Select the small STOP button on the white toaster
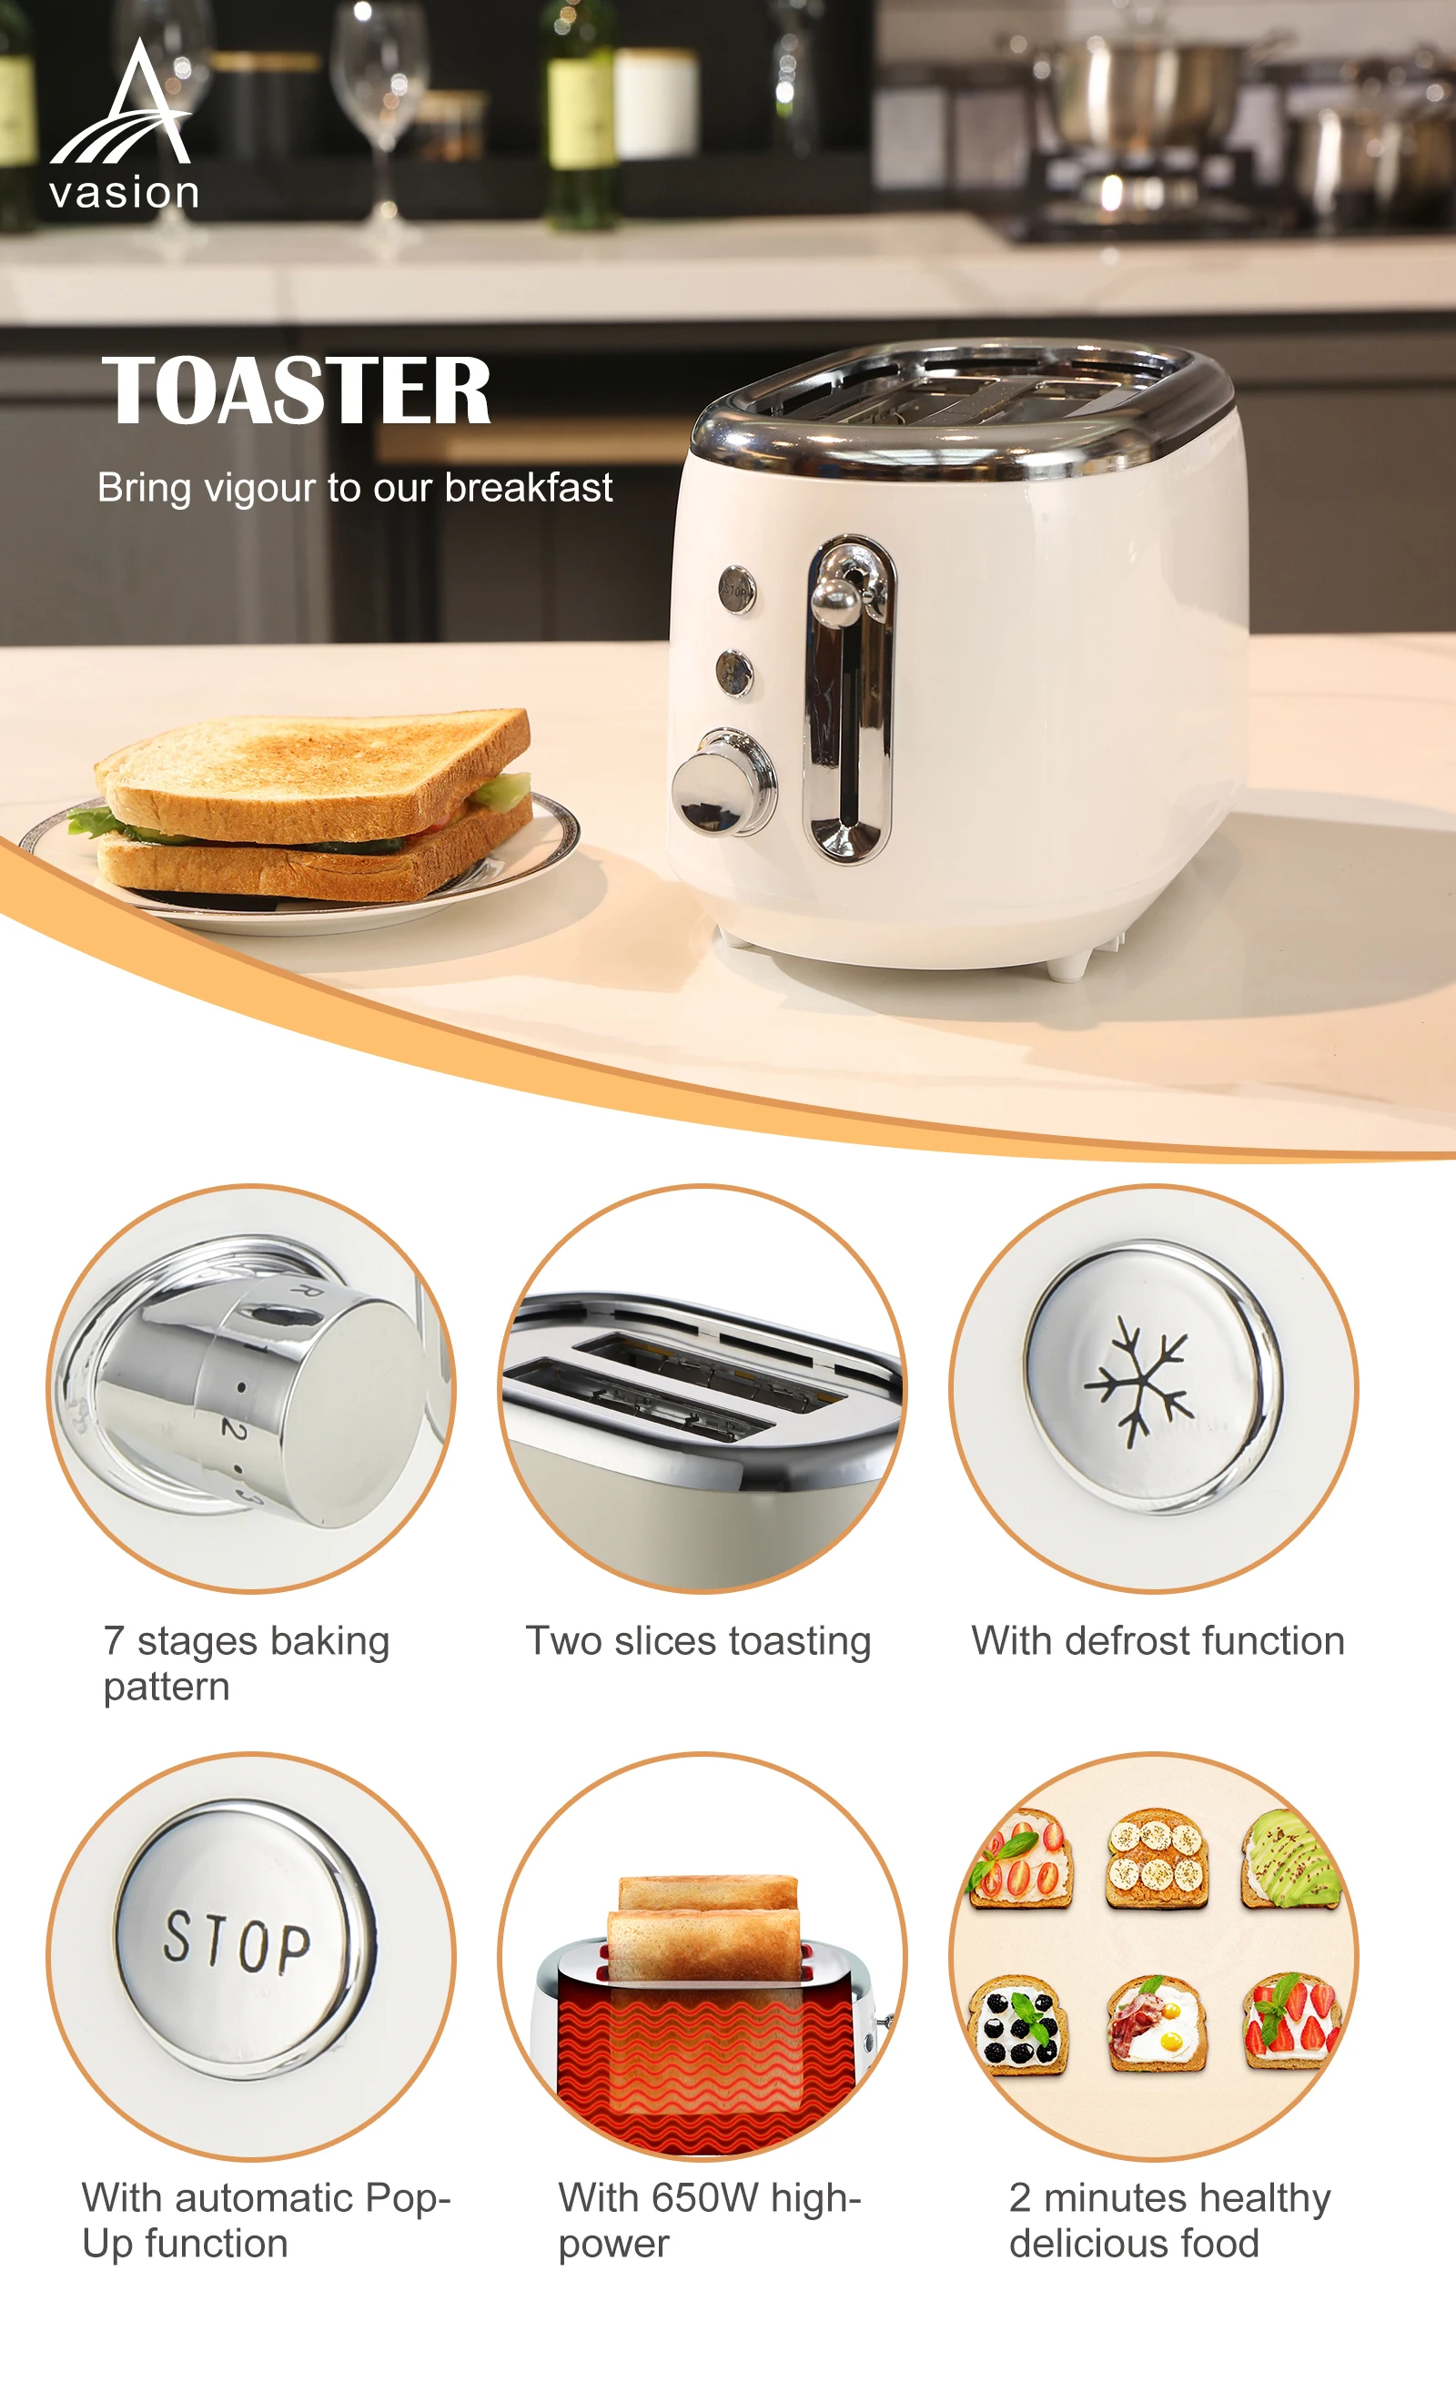[x=737, y=589]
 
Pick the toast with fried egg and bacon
[x=1157, y=2023]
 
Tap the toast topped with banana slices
[x=1157, y=1858]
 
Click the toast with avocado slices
[x=1291, y=1858]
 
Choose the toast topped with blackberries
[x=1018, y=2024]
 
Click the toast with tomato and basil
[x=1021, y=1858]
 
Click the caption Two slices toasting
[x=698, y=1641]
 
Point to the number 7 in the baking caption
[x=114, y=1641]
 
